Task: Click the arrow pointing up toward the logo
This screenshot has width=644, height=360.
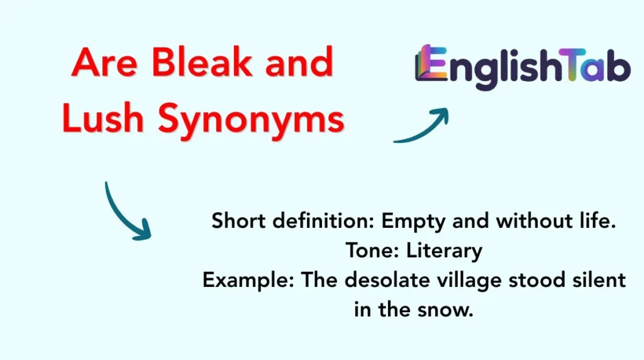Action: tap(421, 126)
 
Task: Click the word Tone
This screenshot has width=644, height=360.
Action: tap(363, 251)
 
